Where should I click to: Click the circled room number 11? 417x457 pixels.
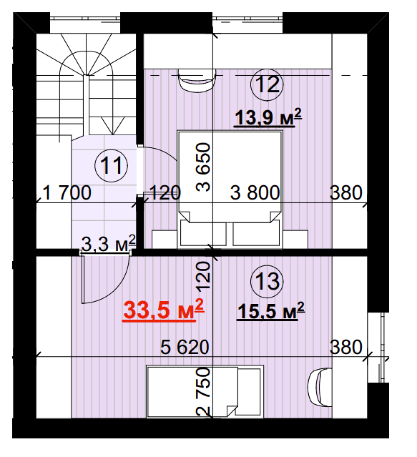pos(111,166)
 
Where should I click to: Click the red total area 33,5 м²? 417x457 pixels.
pos(163,310)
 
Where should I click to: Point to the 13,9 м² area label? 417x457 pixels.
pos(268,118)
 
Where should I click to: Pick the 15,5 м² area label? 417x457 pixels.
pos(271,311)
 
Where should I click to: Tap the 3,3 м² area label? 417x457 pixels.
pos(108,244)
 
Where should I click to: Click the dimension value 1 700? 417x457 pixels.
pos(67,193)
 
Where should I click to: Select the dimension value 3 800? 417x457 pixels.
pos(255,193)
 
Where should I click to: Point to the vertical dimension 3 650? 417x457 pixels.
pos(203,167)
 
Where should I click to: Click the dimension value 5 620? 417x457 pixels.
pos(185,347)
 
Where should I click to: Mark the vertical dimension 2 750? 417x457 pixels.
pos(203,392)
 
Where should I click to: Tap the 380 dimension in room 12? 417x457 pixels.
pos(346,193)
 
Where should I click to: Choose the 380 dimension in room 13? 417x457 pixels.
pos(346,347)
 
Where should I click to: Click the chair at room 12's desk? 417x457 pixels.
pos(197,80)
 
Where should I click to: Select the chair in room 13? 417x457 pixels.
pos(320,387)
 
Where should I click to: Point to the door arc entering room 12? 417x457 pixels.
pos(163,151)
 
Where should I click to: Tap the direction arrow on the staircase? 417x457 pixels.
pos(113,126)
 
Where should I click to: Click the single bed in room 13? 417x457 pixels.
pos(205,392)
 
